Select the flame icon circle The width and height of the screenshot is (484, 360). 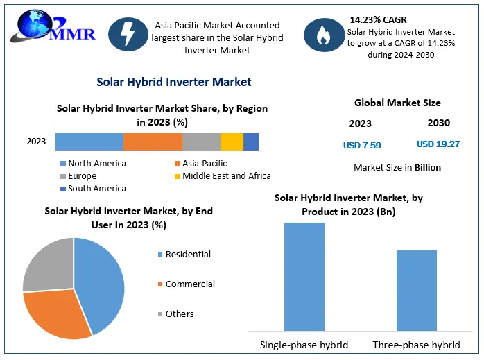pos(322,35)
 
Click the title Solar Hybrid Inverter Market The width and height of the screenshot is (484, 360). pos(173,82)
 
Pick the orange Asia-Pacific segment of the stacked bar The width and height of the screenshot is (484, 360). pos(153,142)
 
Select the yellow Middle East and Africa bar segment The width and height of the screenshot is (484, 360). pos(232,142)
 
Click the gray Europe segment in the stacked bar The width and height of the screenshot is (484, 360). pos(201,142)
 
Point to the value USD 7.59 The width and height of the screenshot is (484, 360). pos(362,146)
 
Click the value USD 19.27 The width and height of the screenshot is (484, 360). pos(438,145)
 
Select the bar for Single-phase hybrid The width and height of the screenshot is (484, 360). pos(304,276)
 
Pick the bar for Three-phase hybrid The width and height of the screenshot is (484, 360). pos(416,290)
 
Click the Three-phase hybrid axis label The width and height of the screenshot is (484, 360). pos(416,345)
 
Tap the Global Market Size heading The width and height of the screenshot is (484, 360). pos(397,103)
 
